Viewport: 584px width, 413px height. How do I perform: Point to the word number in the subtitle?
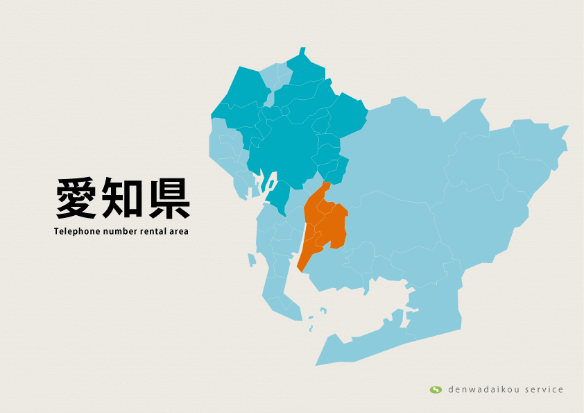coord(121,231)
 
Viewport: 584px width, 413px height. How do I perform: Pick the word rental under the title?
coord(154,231)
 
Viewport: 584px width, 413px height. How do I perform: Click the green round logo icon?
coord(436,389)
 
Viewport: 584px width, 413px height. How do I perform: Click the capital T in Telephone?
coord(56,231)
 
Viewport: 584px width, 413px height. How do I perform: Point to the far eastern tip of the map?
coord(567,127)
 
